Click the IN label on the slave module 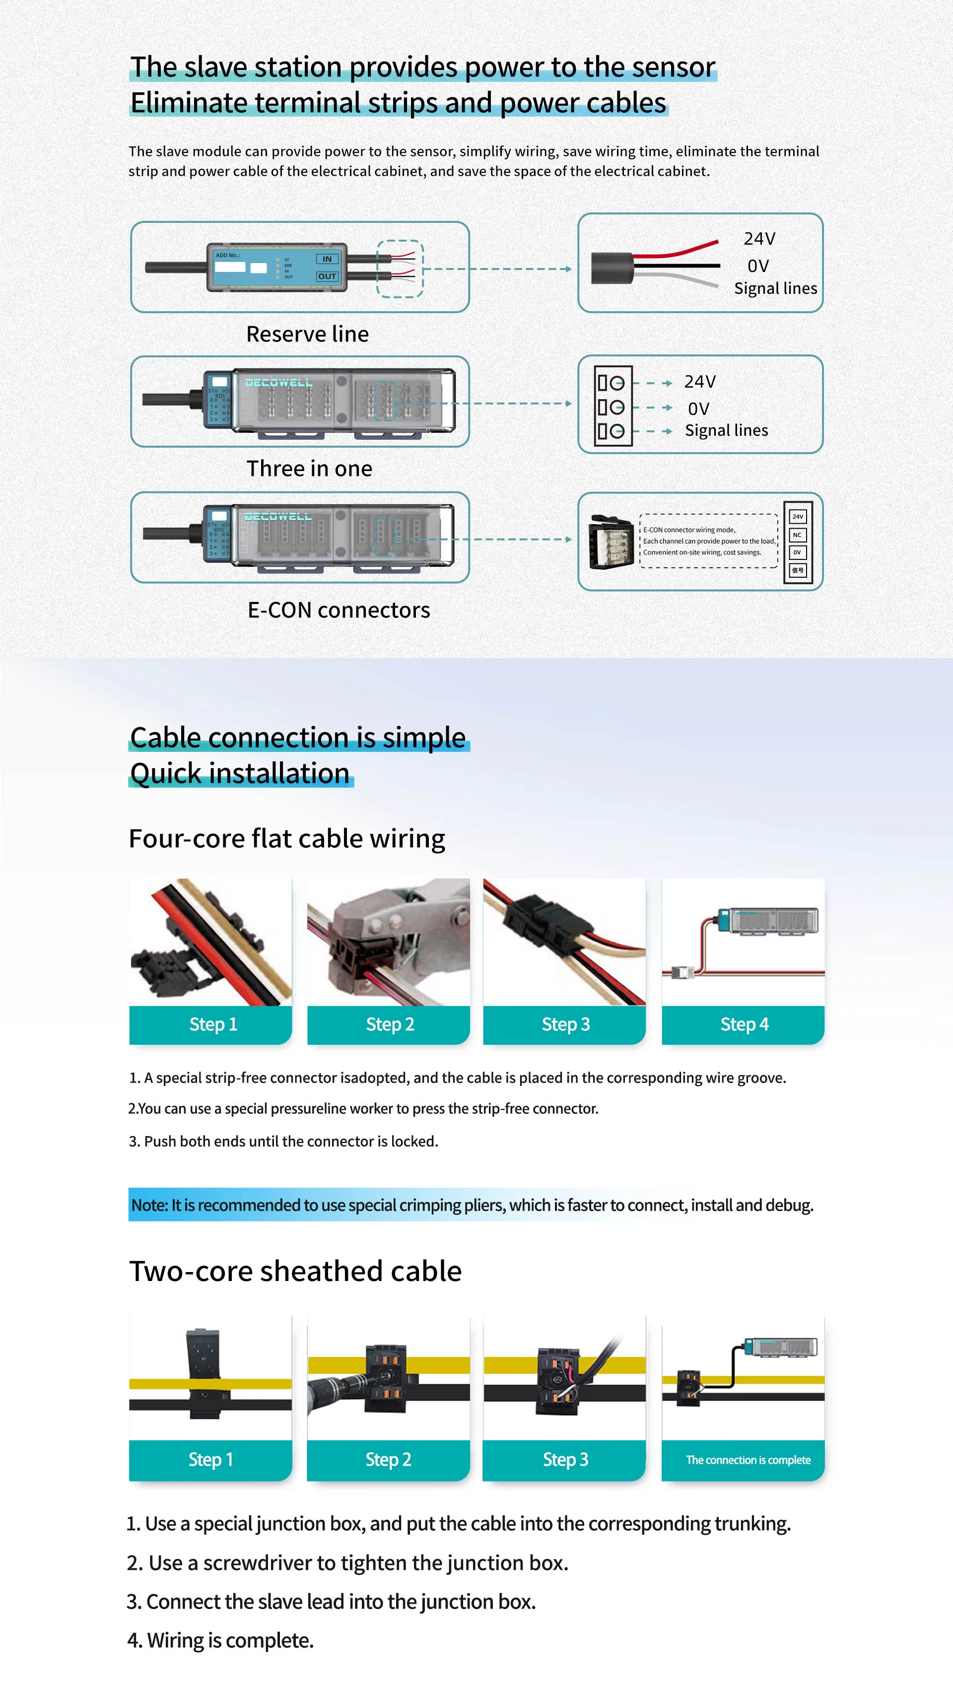327,259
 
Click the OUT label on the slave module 327,276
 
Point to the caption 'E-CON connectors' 339,610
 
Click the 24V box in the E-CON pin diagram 797,517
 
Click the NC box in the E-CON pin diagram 797,535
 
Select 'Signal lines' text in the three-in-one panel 726,431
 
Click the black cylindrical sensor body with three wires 612,268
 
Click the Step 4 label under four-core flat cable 744,1024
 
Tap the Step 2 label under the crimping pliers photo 390,1024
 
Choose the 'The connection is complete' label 748,1460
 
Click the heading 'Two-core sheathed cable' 295,1271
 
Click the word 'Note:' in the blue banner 149,1205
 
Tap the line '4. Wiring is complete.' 220,1640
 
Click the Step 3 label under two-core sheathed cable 565,1460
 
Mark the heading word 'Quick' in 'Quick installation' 165,774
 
